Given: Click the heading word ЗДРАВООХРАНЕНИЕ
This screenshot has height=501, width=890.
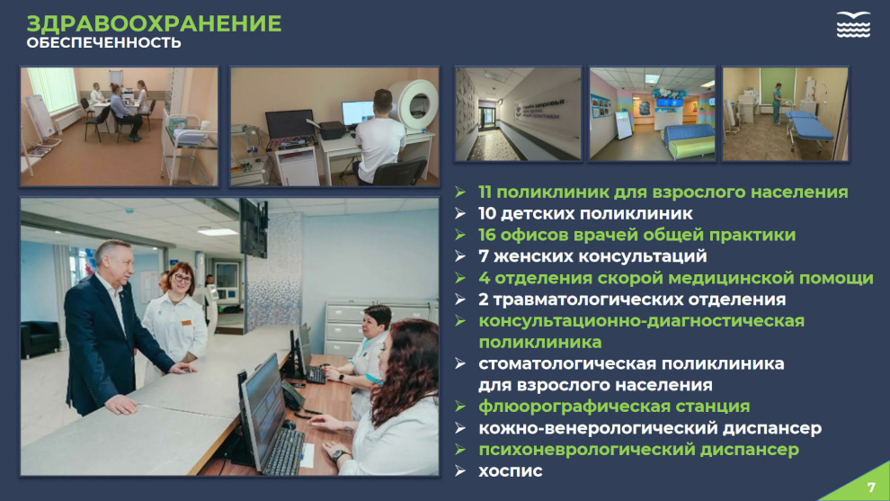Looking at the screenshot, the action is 154,23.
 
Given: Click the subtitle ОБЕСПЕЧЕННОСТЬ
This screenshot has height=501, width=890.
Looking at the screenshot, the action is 104,42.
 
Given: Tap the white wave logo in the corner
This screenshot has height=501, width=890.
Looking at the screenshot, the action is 853,24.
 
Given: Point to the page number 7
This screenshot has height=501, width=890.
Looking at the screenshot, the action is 872,488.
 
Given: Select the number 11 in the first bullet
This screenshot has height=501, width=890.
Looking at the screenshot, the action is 485,192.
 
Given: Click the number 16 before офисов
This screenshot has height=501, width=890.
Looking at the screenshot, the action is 486,235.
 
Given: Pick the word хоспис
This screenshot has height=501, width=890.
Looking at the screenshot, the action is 511,471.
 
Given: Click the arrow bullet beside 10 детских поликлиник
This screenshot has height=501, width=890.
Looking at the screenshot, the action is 459,213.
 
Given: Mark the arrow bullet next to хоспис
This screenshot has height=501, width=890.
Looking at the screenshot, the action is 459,471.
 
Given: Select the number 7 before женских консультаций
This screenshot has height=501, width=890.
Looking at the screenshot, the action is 484,256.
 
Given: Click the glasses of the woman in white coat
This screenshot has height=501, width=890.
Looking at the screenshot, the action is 182,278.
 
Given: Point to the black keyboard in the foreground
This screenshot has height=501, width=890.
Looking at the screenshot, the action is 283,452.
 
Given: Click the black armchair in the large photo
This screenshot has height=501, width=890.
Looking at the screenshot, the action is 40,340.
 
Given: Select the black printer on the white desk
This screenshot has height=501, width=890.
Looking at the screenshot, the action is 331,130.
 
